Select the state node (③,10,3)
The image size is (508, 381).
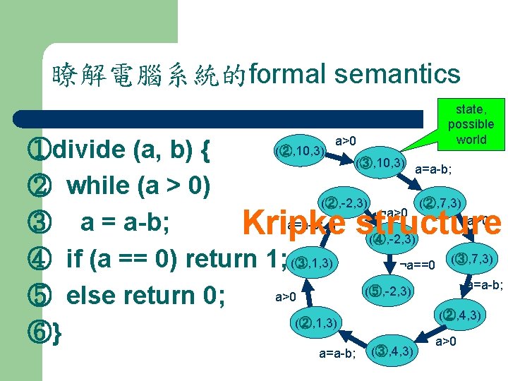[380, 164]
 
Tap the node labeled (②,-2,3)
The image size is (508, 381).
[344, 203]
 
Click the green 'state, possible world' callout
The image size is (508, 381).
[471, 123]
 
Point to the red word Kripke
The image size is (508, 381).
[293, 224]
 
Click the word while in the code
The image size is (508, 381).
[98, 186]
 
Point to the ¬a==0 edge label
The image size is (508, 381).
[418, 265]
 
